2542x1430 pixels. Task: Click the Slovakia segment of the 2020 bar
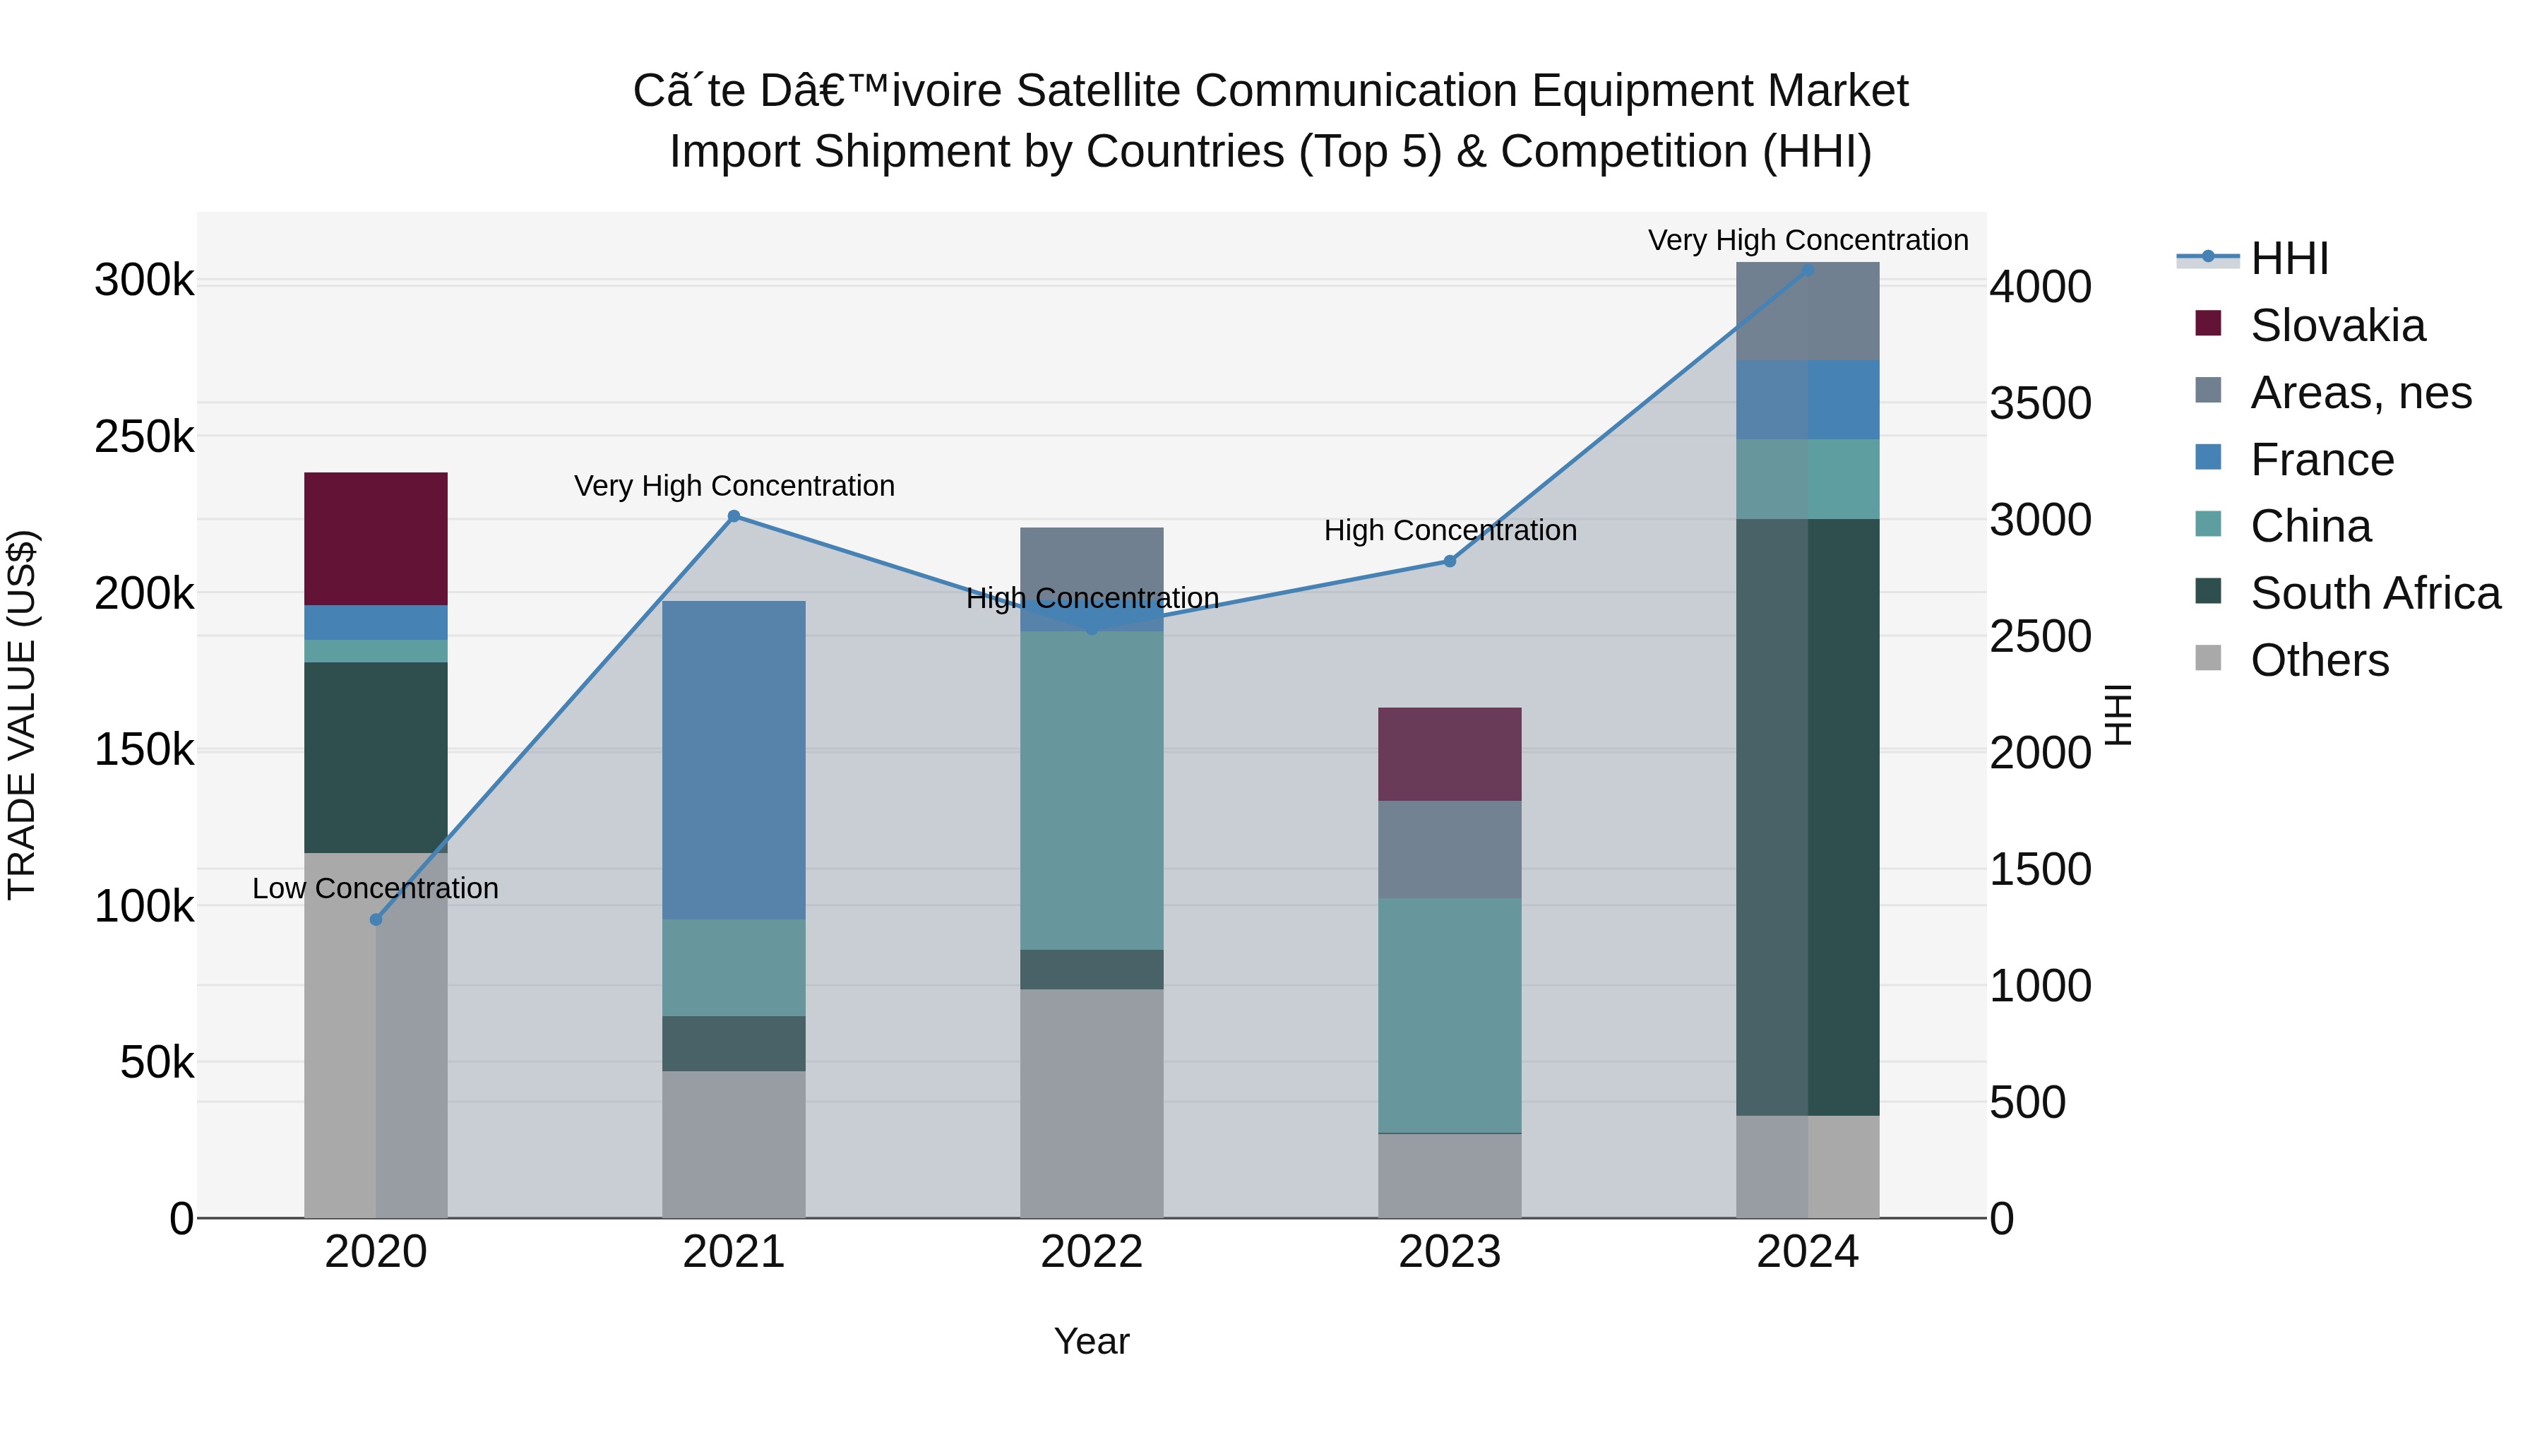click(x=375, y=538)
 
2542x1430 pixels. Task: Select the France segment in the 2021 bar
click(x=733, y=760)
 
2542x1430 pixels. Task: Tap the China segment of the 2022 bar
click(x=1092, y=790)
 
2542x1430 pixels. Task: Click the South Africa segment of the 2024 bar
click(x=1807, y=817)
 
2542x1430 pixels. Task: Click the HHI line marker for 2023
click(x=1449, y=561)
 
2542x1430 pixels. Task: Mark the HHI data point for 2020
click(x=375, y=919)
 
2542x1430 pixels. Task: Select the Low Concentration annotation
click(x=375, y=888)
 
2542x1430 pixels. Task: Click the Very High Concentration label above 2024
click(x=1807, y=240)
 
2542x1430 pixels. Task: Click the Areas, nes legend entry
click(x=2361, y=393)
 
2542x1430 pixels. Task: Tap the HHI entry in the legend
click(x=2289, y=258)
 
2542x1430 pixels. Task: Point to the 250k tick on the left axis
click(x=144, y=436)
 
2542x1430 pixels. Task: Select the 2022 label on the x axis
click(x=1092, y=1252)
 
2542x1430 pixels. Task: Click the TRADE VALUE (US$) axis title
click(x=22, y=715)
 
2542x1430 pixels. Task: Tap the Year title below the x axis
click(x=1092, y=1341)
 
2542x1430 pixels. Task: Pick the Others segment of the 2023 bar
click(x=1449, y=1174)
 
